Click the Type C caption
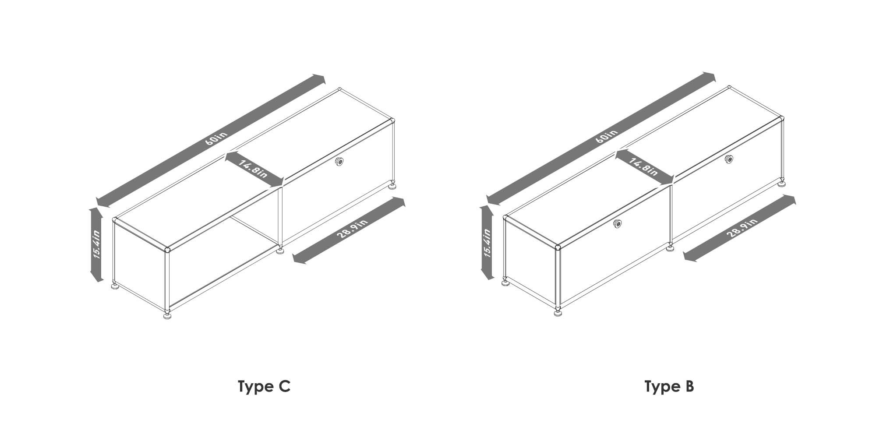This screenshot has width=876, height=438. click(264, 387)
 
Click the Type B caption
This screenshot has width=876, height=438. click(669, 387)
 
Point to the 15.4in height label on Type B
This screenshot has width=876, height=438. click(487, 243)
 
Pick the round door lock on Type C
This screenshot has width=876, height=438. click(339, 162)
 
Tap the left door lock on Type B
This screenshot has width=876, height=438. click(618, 223)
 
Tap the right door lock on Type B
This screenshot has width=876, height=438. click(729, 159)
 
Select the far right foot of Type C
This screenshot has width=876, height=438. click(394, 186)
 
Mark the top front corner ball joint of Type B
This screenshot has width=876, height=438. click(558, 247)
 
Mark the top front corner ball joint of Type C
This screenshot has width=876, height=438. click(167, 250)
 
